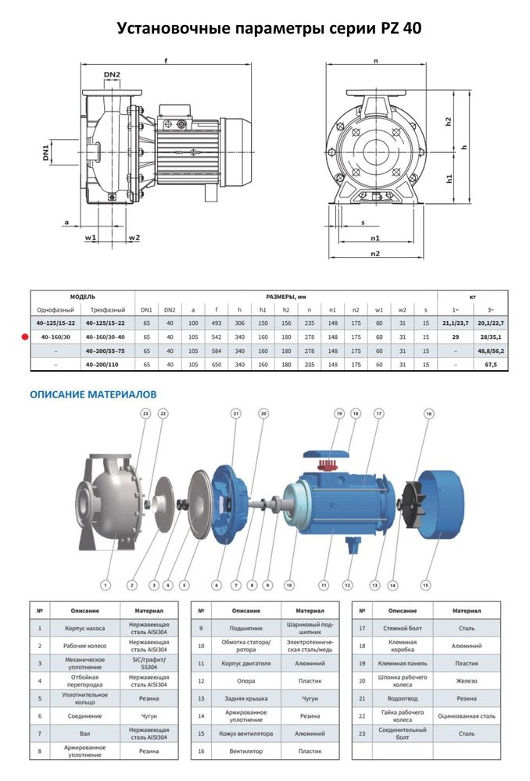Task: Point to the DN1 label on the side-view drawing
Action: click(x=46, y=151)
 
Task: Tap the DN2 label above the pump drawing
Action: click(x=112, y=75)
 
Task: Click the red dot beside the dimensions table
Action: click(x=25, y=337)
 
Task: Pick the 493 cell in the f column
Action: click(x=217, y=323)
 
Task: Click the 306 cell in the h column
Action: click(x=239, y=323)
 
